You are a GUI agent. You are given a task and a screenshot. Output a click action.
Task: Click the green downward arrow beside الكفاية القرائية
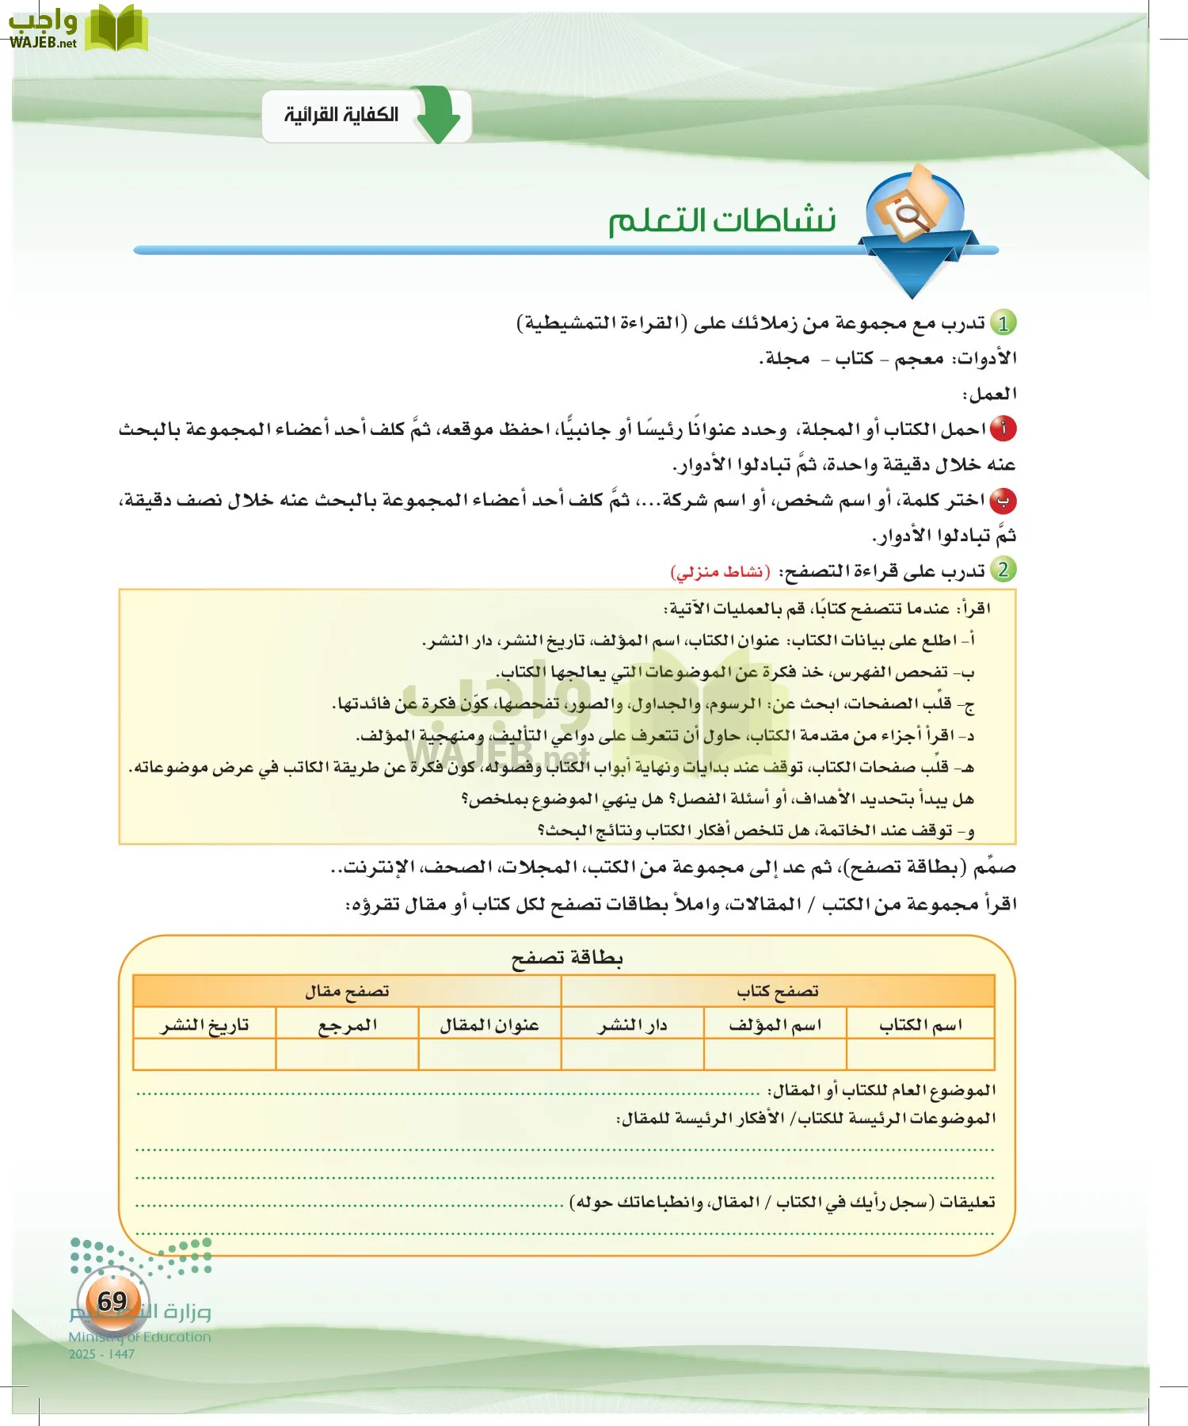438,116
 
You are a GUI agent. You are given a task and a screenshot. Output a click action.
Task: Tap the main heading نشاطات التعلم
722,221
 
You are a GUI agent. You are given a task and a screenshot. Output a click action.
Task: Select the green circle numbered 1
1003,323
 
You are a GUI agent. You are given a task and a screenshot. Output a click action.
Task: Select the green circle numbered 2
1003,570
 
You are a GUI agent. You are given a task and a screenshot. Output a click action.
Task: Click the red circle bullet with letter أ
1003,429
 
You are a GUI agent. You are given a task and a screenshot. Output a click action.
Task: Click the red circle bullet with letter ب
1003,501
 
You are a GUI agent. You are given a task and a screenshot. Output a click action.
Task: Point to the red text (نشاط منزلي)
720,571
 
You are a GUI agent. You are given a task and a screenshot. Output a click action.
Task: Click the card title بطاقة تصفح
567,958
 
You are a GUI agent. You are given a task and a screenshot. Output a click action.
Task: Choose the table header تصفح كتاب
777,991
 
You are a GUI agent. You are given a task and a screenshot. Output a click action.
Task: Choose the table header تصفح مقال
347,991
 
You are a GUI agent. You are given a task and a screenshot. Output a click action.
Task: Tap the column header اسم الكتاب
920,1025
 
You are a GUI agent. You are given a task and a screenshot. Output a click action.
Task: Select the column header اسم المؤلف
775,1025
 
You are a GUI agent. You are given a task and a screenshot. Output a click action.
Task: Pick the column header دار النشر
632,1025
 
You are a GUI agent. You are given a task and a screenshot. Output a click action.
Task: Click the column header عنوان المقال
489,1025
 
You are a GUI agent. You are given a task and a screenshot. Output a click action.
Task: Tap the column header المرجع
347,1025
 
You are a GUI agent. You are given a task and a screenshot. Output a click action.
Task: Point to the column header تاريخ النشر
204,1025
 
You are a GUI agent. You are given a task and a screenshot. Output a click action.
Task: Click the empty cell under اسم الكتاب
920,1054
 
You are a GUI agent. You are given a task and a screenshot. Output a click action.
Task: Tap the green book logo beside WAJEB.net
116,29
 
